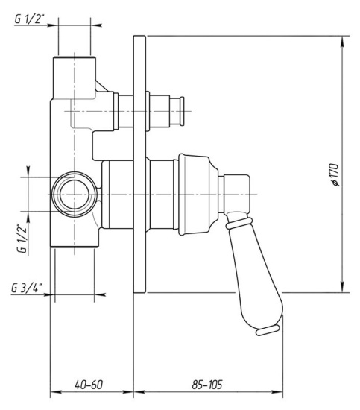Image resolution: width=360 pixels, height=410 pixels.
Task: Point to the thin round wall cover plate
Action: coord(139,164)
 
